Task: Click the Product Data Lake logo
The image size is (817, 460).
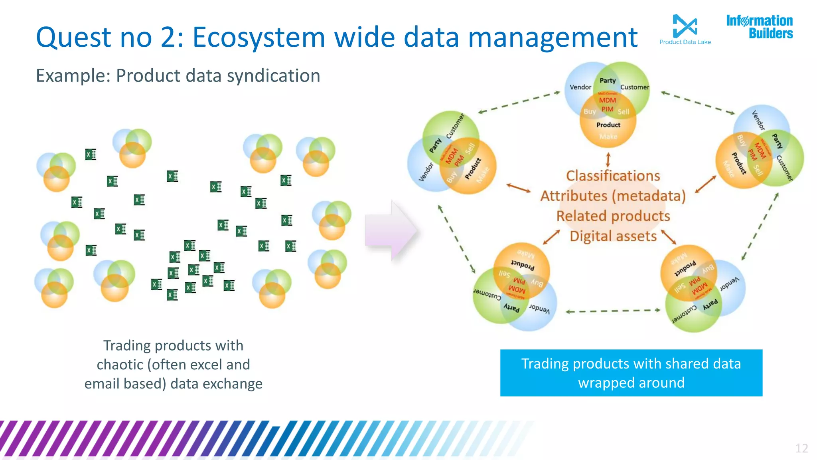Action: tap(685, 29)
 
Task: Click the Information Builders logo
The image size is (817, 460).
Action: tap(759, 27)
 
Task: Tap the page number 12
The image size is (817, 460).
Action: tap(801, 448)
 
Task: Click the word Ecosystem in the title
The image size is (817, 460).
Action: tap(259, 37)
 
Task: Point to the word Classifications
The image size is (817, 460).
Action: tap(613, 176)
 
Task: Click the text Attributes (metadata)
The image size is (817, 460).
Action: tap(613, 196)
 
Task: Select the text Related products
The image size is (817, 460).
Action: tap(613, 216)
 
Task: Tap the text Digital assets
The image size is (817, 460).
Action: tap(613, 236)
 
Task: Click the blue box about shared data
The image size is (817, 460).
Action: tap(631, 373)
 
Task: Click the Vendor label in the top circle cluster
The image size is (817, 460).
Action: tap(580, 87)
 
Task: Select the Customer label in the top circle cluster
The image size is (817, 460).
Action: tap(634, 87)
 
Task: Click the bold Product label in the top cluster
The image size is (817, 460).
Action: tap(608, 125)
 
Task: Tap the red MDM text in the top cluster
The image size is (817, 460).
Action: tap(607, 100)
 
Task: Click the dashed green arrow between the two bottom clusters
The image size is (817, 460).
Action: tap(613, 311)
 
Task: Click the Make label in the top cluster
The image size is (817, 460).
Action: tap(608, 137)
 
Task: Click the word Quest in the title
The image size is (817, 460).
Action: tap(73, 37)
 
